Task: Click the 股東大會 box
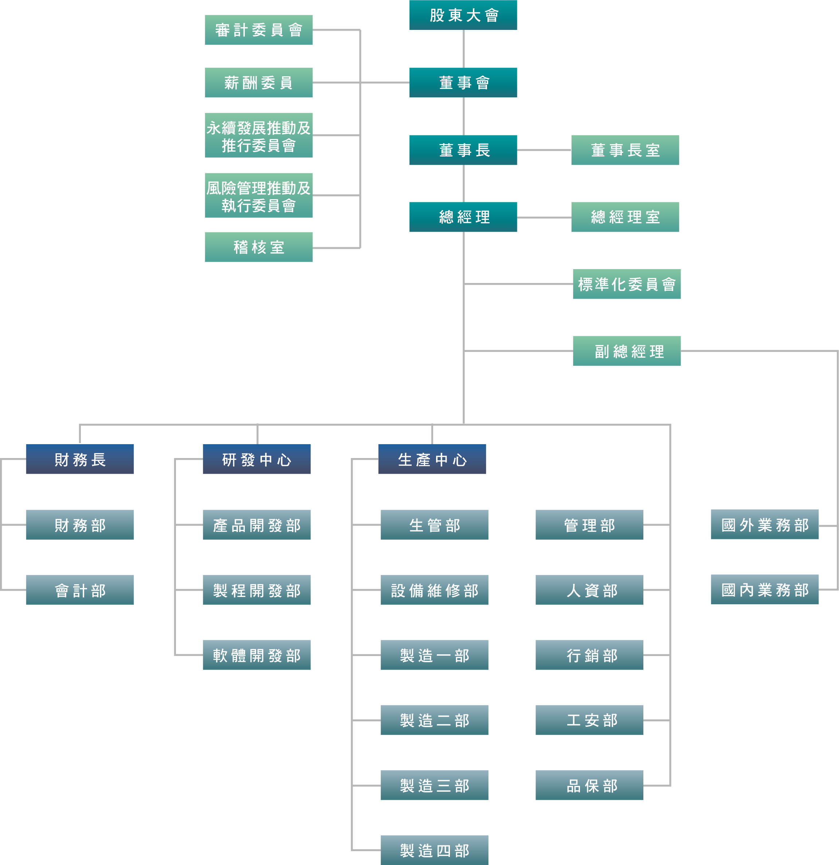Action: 463,15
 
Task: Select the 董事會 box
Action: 463,82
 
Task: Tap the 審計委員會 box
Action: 258,30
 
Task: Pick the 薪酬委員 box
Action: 258,82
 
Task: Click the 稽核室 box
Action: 258,247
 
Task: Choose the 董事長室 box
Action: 625,150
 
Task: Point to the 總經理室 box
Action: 625,217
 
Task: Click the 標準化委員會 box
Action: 627,284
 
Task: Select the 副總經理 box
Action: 627,351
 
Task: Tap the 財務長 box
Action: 80,459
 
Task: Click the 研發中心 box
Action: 256,459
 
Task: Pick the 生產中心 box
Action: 432,459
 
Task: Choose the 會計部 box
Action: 80,590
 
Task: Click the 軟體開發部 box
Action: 256,655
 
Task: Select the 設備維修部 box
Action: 434,590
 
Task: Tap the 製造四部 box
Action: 434,850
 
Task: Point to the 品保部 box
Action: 589,785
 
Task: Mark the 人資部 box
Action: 589,590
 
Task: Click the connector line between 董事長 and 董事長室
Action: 544,150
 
